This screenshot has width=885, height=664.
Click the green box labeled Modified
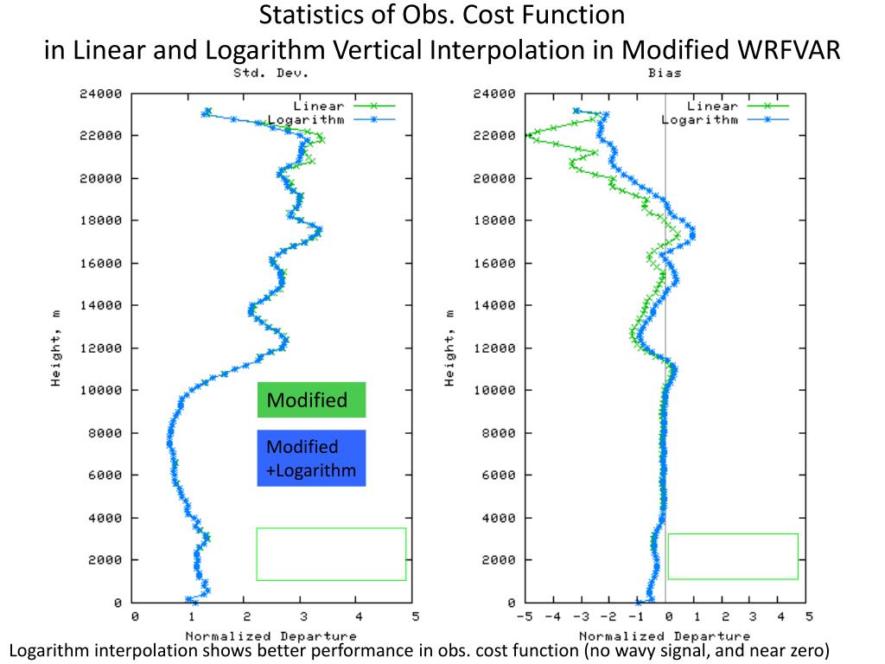(311, 400)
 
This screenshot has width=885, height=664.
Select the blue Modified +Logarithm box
(311, 458)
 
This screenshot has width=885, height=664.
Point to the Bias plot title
(664, 73)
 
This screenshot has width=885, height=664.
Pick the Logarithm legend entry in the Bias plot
(700, 119)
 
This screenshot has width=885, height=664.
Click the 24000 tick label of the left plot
(100, 93)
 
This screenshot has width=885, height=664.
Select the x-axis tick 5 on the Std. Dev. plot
(415, 616)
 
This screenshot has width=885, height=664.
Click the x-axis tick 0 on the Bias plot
(667, 616)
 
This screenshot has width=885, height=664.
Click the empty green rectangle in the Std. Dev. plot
(331, 553)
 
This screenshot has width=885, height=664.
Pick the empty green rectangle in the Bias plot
(733, 556)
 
